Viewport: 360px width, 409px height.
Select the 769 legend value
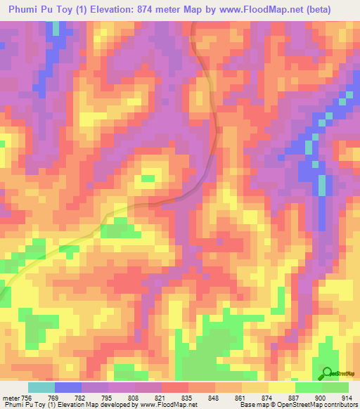tap(63, 397)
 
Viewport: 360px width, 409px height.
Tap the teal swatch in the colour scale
tap(41, 387)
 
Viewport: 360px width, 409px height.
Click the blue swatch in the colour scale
tap(68, 387)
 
